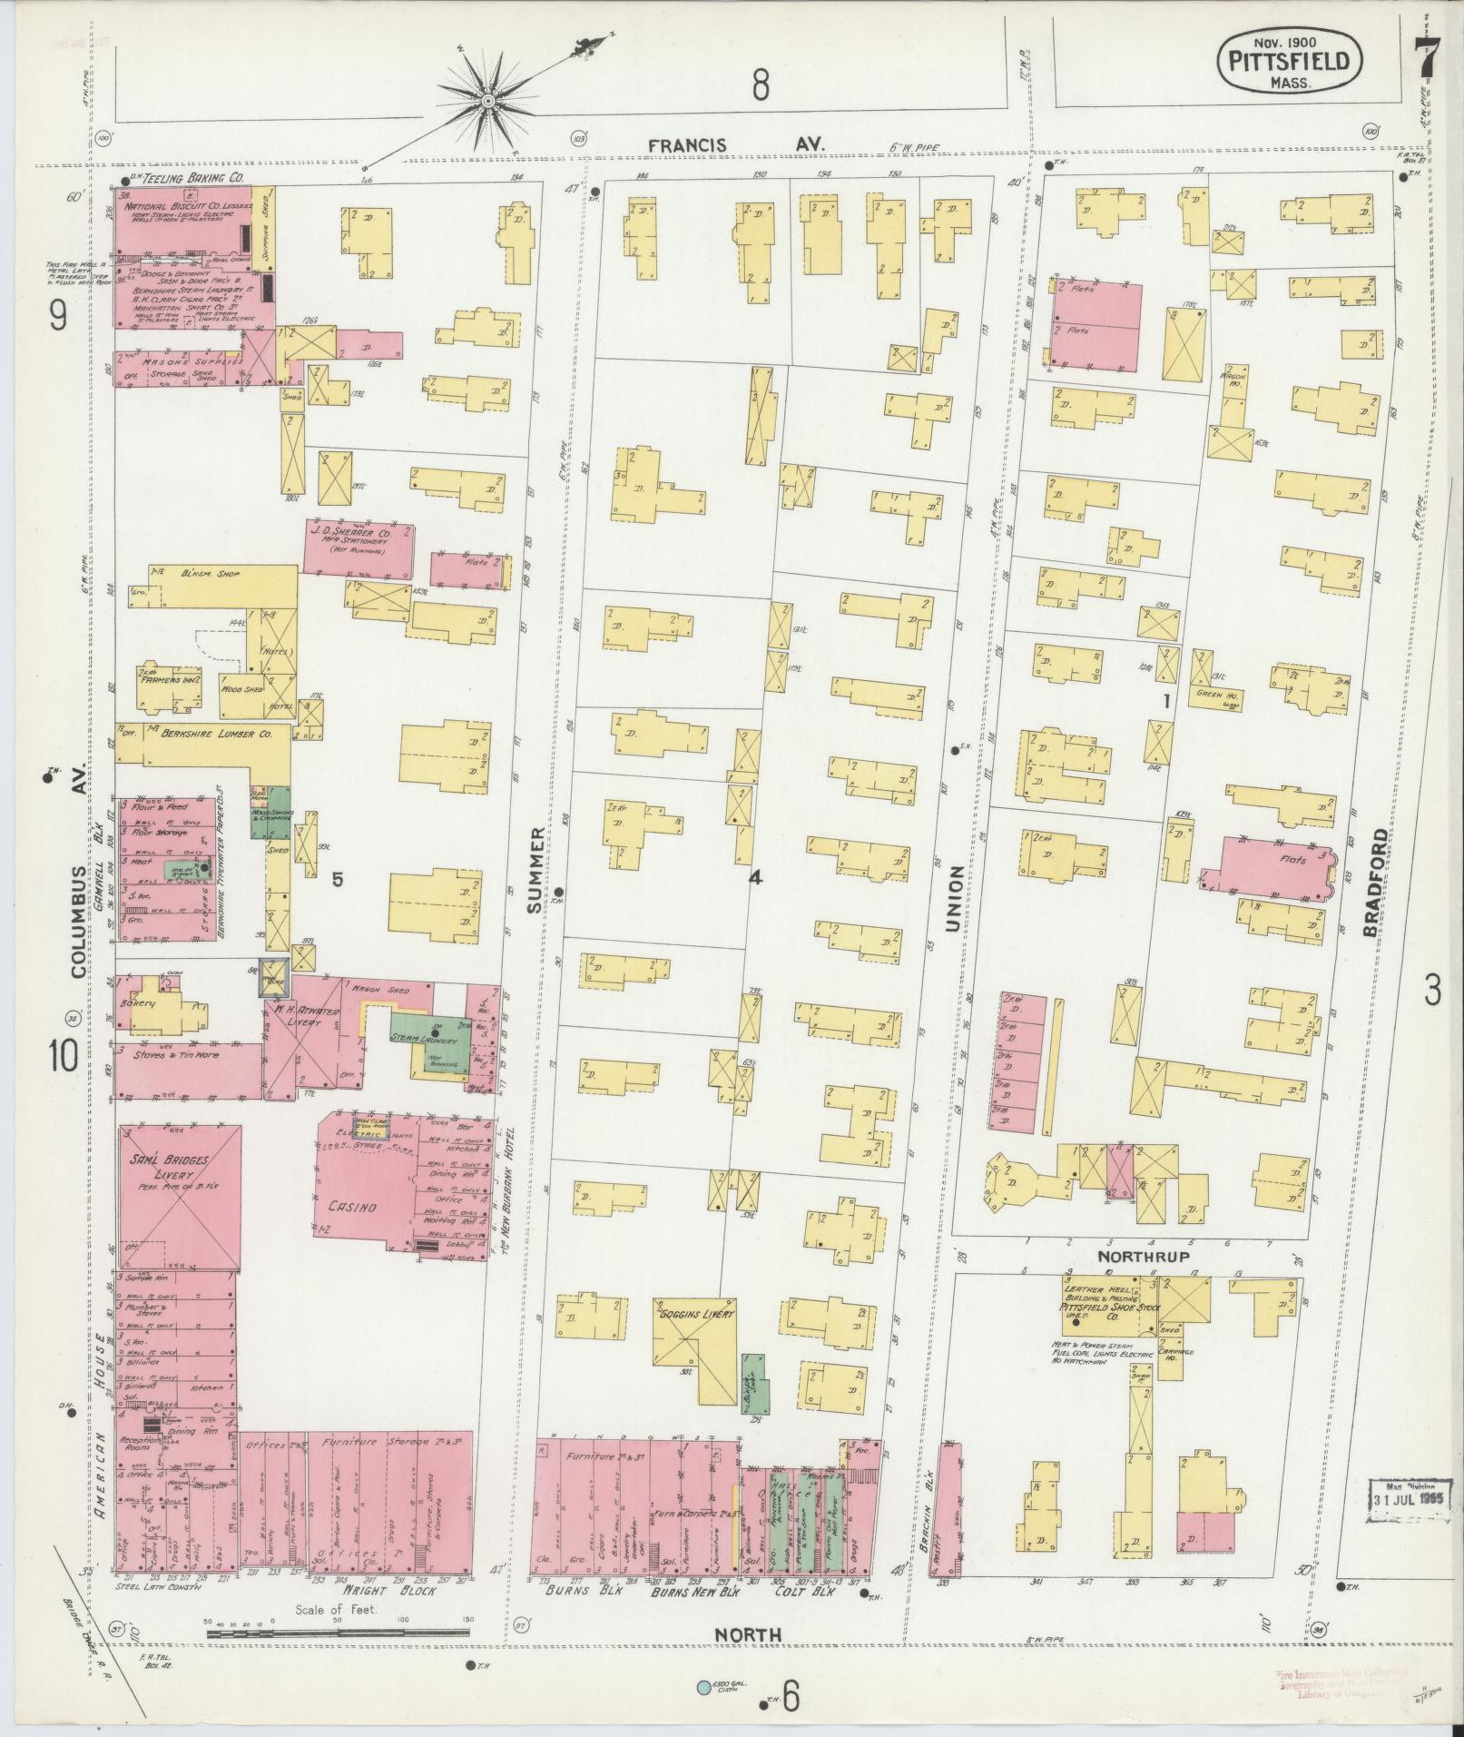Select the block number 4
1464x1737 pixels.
click(x=754, y=878)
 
